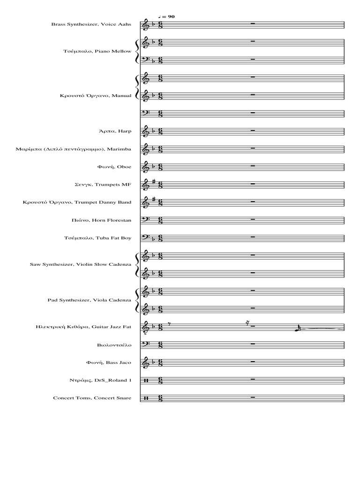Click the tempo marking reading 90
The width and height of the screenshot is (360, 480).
coord(166,16)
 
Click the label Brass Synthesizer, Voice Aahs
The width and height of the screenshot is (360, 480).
coord(91,24)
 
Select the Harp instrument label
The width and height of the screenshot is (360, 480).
coord(115,131)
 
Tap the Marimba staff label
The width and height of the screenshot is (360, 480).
coord(74,149)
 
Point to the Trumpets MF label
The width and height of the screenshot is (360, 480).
coord(103,185)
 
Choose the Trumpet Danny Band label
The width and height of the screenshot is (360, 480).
coord(77,202)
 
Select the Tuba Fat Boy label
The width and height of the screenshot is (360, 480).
coord(97,238)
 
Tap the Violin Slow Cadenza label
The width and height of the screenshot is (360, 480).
coord(81,264)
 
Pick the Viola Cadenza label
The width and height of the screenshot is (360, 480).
coord(90,300)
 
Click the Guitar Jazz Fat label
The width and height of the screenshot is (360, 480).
coord(83,327)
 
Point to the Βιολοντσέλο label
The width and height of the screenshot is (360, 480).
coord(114,345)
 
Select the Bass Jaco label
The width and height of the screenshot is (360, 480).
coord(109,362)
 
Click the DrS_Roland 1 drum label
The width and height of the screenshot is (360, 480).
coord(100,380)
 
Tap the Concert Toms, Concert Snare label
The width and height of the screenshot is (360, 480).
coord(92,398)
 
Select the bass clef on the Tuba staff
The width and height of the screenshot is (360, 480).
coord(146,238)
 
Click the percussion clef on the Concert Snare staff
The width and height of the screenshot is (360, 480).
coord(146,398)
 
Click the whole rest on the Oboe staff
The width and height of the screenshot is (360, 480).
coord(253,165)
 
